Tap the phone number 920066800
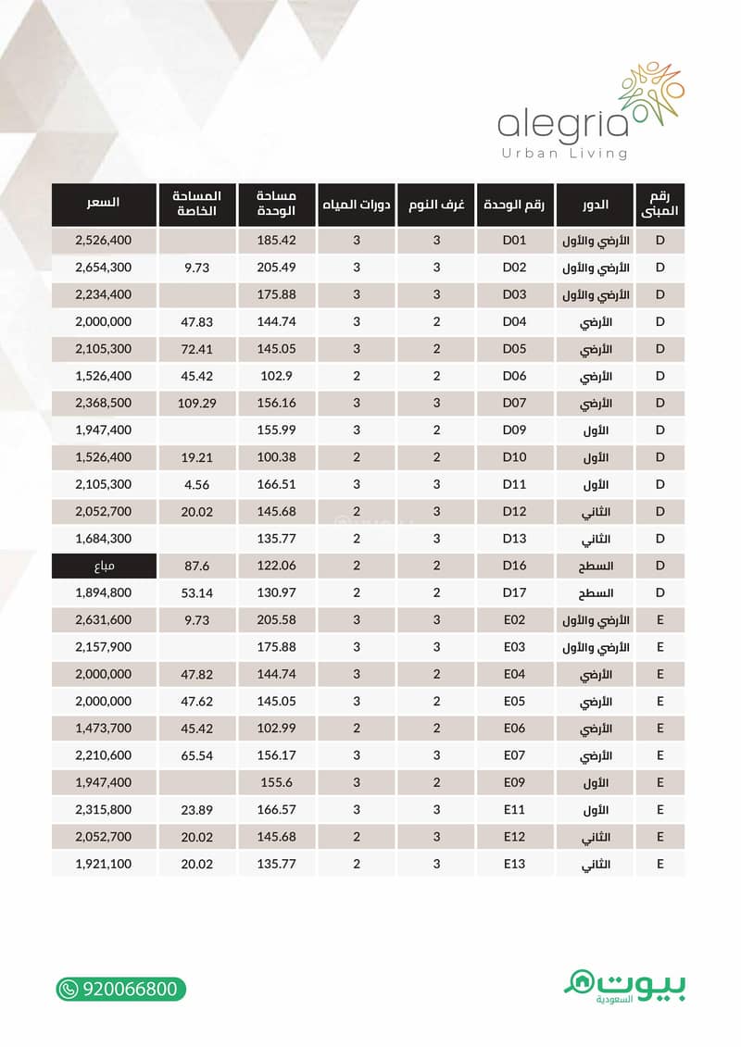coord(129,989)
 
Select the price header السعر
coord(103,203)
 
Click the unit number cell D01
coord(514,241)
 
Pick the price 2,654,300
coord(103,268)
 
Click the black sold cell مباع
coord(103,566)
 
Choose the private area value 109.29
coord(195,404)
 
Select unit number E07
coord(514,755)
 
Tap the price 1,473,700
coord(103,729)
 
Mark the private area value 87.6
coord(195,566)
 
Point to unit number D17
coord(514,592)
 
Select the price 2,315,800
coord(103,810)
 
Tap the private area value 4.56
coord(195,484)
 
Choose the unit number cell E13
coord(514,864)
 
